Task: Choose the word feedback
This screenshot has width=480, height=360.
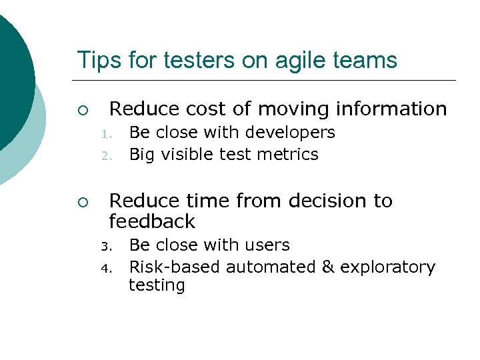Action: [x=152, y=222]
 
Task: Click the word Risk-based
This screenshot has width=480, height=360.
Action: [x=175, y=267]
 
